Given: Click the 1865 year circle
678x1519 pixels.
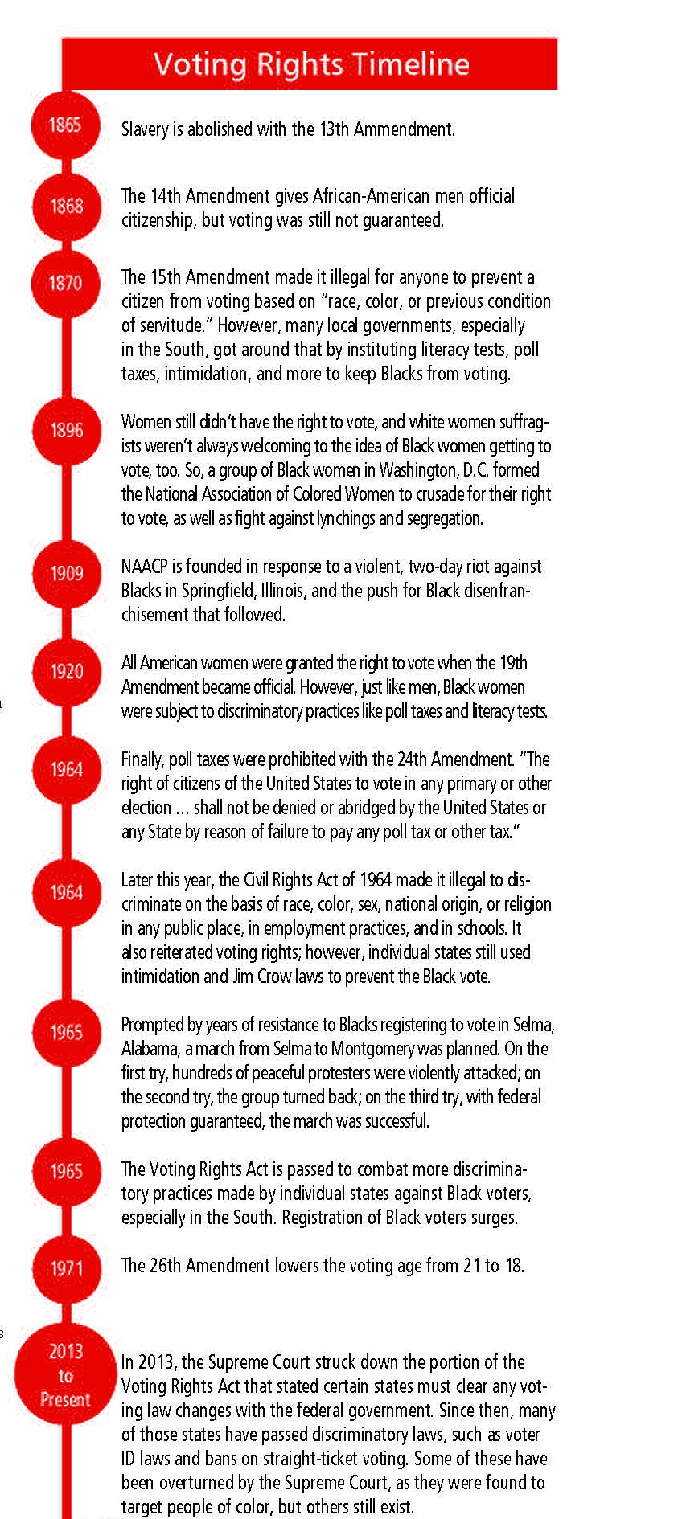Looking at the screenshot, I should (x=65, y=125).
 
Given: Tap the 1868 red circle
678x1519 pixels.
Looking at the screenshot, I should (x=66, y=206).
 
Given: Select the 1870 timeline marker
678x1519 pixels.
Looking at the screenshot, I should (x=66, y=283).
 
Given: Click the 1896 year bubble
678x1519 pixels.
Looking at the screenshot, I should (x=67, y=430).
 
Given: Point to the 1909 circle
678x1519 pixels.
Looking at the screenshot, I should (x=67, y=573).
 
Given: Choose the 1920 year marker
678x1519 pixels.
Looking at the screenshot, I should (x=67, y=671).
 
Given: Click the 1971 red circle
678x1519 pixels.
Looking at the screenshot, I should (x=67, y=1268).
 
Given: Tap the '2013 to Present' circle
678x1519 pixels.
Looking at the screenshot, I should (x=65, y=1375).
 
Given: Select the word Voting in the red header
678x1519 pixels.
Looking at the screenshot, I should (x=200, y=65).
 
